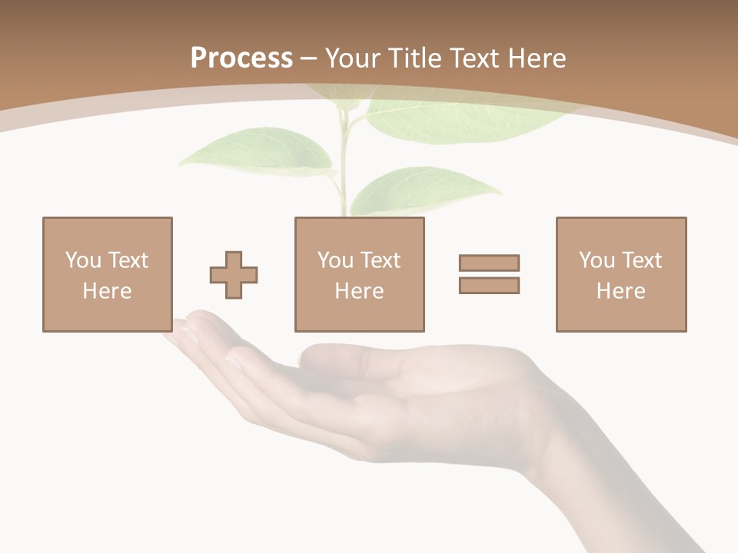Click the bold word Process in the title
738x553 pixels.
coord(241,58)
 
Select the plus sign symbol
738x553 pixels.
coord(234,275)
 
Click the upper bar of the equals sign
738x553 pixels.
coord(489,263)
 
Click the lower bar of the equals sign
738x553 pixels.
coord(489,286)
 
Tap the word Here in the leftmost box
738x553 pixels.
coord(107,291)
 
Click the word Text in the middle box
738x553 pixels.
coord(380,260)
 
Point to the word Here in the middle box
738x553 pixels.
coord(359,291)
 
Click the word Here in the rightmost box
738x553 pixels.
coord(620,291)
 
